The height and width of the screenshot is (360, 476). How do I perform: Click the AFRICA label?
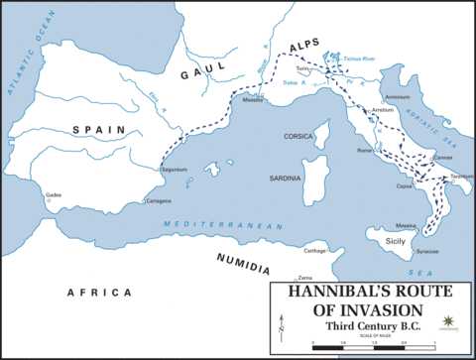point(98,293)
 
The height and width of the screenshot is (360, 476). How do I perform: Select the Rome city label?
point(364,150)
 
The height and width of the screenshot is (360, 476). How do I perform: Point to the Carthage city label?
point(314,251)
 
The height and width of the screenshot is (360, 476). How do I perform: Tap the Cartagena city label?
point(159,200)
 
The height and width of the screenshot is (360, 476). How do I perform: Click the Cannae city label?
point(442,157)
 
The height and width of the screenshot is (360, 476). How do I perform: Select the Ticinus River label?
point(361,60)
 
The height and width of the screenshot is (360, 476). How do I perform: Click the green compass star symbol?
point(451,320)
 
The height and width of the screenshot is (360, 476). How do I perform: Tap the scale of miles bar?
point(376,342)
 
